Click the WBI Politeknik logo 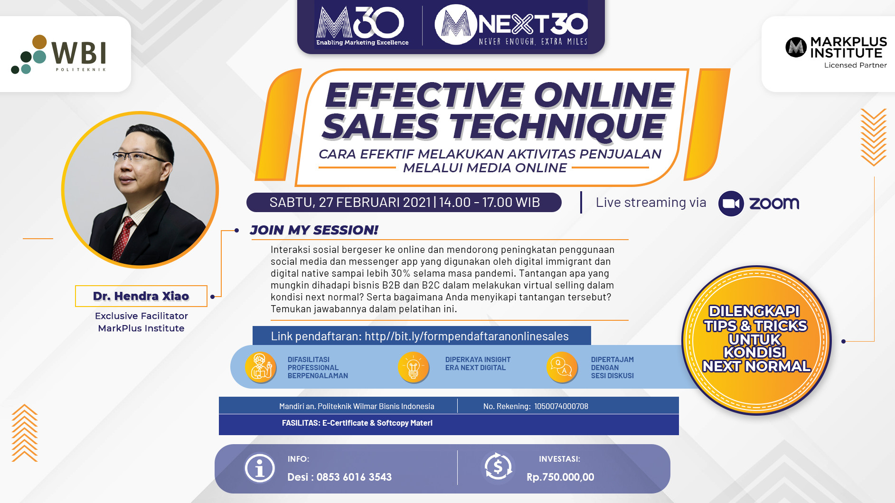point(58,54)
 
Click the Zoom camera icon point(731,204)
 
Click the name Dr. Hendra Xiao point(141,296)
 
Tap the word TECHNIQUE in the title point(558,127)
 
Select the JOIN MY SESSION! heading point(314,230)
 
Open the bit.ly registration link point(466,336)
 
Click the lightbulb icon point(413,367)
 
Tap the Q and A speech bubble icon point(562,367)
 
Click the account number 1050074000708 point(561,406)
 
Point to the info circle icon point(259,469)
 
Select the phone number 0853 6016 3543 point(354,477)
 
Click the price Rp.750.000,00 point(560,477)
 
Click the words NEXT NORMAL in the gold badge point(756,366)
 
